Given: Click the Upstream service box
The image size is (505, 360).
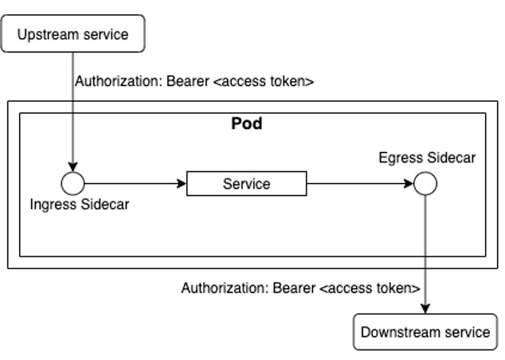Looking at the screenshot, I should pyautogui.click(x=72, y=33).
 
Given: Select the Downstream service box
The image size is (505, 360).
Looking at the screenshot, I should pyautogui.click(x=425, y=332).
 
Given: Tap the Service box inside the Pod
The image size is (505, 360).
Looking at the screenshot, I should pyautogui.click(x=246, y=184).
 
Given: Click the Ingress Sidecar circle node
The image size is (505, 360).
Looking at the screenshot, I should pyautogui.click(x=73, y=184).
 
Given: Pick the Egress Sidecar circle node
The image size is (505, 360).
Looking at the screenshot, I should pyautogui.click(x=425, y=184).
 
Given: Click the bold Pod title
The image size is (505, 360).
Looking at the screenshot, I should pyautogui.click(x=246, y=124).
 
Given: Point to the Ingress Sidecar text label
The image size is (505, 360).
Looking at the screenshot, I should pyautogui.click(x=80, y=204).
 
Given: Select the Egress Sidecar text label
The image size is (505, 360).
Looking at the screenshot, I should pyautogui.click(x=427, y=158).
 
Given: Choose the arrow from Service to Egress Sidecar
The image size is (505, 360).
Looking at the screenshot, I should pyautogui.click(x=358, y=184).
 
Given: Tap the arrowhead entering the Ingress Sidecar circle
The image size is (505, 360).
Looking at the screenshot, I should pyautogui.click(x=73, y=168).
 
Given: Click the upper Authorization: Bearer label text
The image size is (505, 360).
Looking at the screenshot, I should pyautogui.click(x=194, y=82).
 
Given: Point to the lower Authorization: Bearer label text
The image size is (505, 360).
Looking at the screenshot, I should pyautogui.click(x=300, y=288).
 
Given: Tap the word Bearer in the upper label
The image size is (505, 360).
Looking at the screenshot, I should pyautogui.click(x=189, y=82).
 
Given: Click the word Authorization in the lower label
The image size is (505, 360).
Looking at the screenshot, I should pyautogui.click(x=225, y=288).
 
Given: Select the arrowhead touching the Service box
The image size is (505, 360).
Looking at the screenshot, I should pyautogui.click(x=182, y=184).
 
